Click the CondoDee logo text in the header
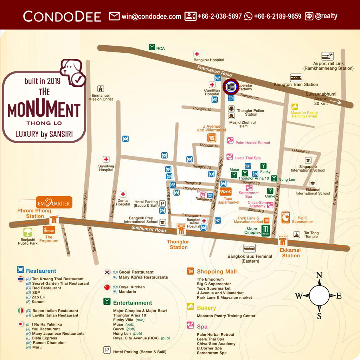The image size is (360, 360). tap(62, 16)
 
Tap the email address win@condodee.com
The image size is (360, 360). tap(151, 16)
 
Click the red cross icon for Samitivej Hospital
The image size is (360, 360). tap(106, 159)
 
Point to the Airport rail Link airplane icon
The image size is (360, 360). tap(327, 56)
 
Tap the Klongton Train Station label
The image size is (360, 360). tap(296, 84)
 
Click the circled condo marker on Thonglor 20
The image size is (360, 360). tap(231, 87)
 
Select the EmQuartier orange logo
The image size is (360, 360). tap(54, 203)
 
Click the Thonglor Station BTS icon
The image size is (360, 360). tap(181, 229)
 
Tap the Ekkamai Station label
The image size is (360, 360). tap(291, 253)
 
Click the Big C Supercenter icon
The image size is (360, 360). tap(285, 218)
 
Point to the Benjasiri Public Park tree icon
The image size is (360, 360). tap(28, 232)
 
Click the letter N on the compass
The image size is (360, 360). tap(319, 275)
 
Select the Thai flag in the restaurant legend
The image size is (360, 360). tap(21, 279)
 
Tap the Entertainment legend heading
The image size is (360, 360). tap(133, 303)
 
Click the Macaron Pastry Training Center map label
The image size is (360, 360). tap(304, 114)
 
